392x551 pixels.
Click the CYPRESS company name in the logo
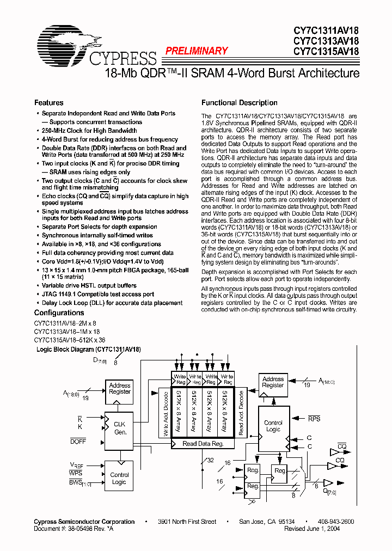122,57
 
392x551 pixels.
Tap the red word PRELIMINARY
197,51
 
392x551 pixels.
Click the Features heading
49,102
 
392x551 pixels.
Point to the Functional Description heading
240,102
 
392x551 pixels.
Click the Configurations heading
59,313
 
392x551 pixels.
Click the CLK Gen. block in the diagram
119,428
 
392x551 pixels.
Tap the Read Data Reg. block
203,444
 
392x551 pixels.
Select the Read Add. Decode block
241,412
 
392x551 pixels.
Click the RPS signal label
314,419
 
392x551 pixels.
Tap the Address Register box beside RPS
273,382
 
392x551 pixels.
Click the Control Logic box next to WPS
119,478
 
